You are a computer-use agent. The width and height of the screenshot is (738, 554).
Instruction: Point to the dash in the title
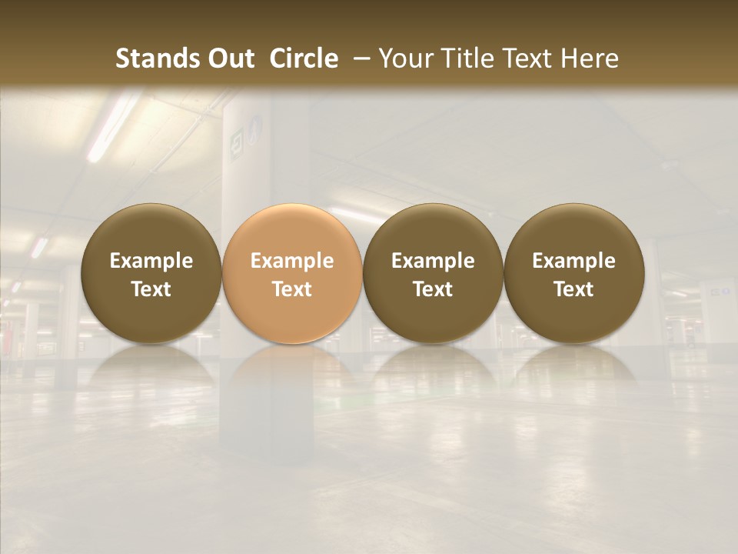point(358,58)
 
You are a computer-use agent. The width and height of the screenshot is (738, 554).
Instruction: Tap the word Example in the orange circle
point(292,261)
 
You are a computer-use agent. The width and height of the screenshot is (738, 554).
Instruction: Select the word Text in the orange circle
point(292,289)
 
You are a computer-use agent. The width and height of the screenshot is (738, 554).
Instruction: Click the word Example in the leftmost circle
point(151,261)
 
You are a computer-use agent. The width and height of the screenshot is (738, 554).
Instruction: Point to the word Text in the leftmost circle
point(151,289)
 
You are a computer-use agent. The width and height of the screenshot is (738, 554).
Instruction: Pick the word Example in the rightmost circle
point(573,261)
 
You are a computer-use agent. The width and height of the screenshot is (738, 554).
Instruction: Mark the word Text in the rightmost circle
point(573,289)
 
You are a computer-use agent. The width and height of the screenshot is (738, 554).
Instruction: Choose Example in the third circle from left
point(433,261)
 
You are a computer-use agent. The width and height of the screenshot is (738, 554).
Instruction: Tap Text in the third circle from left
point(433,289)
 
